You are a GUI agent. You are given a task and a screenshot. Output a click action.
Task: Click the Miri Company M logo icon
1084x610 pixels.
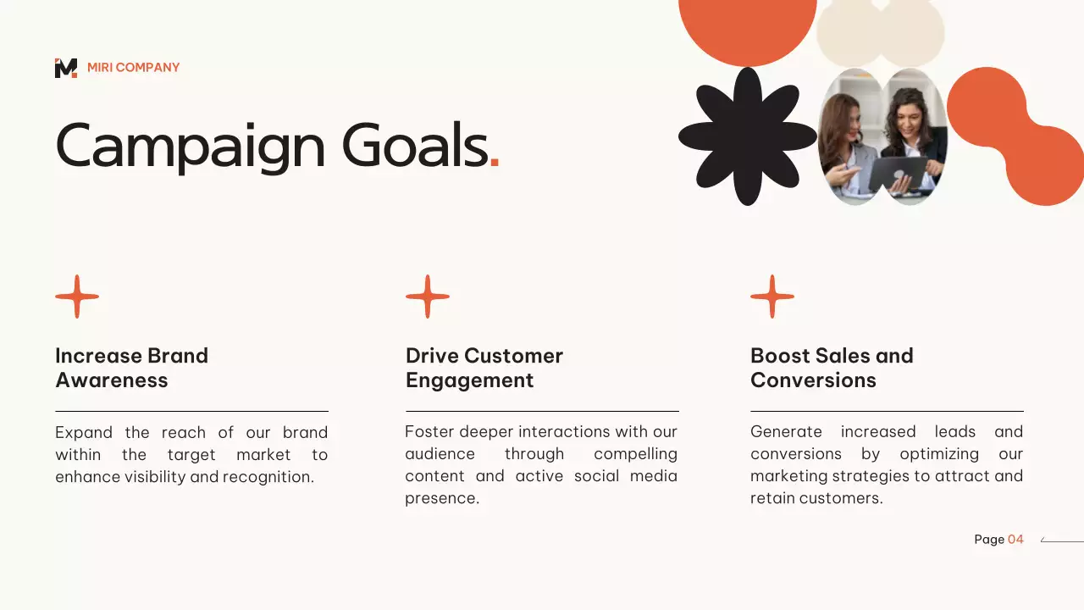[66, 68]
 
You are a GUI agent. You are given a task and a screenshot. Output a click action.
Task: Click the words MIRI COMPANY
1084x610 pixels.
[133, 68]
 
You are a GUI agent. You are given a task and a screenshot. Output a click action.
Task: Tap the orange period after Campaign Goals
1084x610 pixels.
[495, 164]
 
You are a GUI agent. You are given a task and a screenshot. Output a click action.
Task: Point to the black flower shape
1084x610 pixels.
[747, 136]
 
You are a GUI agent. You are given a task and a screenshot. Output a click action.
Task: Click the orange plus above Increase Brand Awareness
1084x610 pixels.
[77, 297]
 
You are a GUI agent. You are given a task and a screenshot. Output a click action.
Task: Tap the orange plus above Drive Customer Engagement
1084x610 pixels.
[428, 297]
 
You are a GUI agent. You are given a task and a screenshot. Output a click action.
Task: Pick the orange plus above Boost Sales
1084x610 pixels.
[772, 297]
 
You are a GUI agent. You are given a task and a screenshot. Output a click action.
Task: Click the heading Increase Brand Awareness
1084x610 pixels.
[131, 368]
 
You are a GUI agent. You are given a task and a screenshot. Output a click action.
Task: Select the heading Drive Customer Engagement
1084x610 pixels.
[484, 368]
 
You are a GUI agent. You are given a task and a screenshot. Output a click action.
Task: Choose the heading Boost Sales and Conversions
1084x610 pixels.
[832, 368]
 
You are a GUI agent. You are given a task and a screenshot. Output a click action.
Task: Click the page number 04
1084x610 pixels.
[1015, 540]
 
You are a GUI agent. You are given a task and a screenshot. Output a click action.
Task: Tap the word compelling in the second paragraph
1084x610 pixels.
[635, 454]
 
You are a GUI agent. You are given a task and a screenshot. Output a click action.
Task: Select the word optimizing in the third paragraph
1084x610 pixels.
[939, 454]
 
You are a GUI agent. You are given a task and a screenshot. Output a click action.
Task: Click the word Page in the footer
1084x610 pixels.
[989, 540]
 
